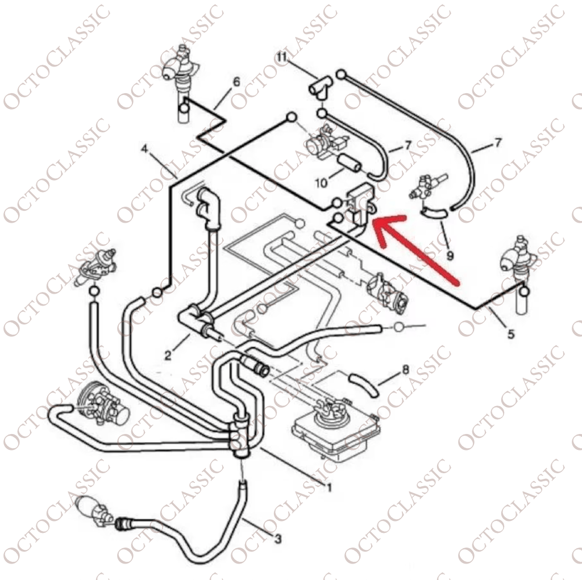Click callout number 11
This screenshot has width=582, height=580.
click(x=282, y=57)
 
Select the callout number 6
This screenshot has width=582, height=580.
click(x=236, y=82)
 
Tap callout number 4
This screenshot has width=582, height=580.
click(x=145, y=149)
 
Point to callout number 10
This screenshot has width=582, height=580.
click(x=322, y=182)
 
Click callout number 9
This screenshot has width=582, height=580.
click(x=450, y=256)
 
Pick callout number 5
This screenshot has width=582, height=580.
click(x=511, y=335)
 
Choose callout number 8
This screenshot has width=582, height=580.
click(x=406, y=370)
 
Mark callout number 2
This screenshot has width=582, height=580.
click(x=168, y=356)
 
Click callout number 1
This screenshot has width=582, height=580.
click(x=329, y=487)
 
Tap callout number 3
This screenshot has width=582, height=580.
click(x=278, y=539)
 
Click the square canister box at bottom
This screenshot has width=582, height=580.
click(x=336, y=434)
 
